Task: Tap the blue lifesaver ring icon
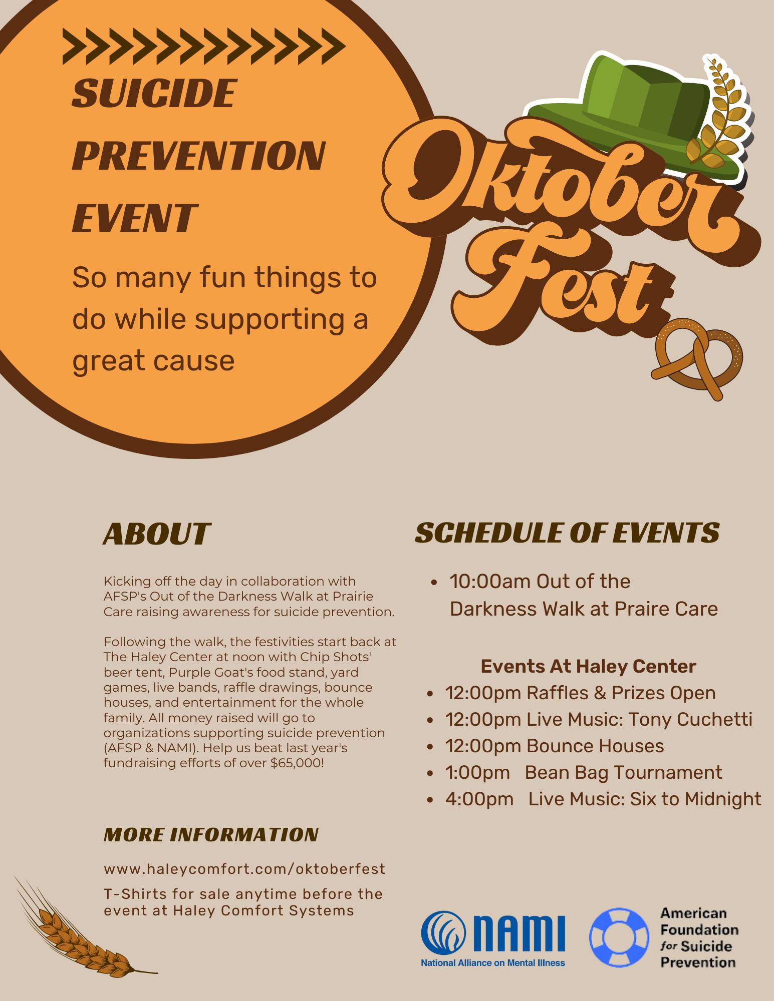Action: pyautogui.click(x=619, y=937)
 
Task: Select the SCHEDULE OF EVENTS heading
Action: pyautogui.click(x=567, y=533)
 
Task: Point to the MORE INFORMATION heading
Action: pyautogui.click(x=211, y=834)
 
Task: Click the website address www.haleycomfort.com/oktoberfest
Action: pyautogui.click(x=244, y=868)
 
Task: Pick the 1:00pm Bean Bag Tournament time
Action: pyautogui.click(x=477, y=772)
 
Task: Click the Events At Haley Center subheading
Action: pyautogui.click(x=589, y=666)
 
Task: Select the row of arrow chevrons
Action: pyautogui.click(x=204, y=47)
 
